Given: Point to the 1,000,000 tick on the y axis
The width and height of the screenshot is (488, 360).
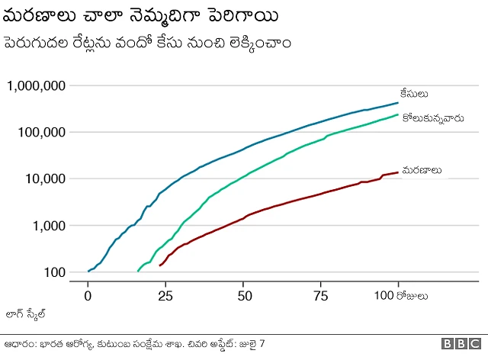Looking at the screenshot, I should (36, 85).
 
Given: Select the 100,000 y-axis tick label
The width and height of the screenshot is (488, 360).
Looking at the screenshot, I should (41, 132).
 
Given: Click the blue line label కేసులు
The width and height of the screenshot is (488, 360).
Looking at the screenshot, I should (415, 95).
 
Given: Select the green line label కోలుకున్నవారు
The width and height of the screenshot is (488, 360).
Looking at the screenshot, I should (432, 119).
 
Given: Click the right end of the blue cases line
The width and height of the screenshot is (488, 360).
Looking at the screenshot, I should (398, 102).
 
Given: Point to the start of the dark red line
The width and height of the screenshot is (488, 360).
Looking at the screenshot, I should (159, 265).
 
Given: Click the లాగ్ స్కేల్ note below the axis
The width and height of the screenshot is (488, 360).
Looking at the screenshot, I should (26, 313).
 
